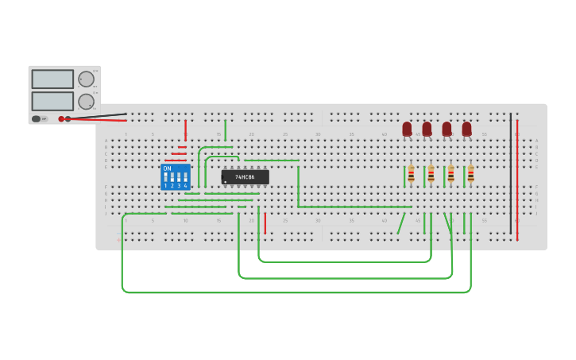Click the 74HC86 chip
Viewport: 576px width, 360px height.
[x=245, y=177]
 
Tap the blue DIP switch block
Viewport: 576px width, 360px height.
[x=176, y=176]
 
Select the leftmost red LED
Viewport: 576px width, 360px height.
[x=407, y=129]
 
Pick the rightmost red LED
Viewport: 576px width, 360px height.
[x=466, y=129]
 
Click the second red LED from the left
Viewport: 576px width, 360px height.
[x=427, y=129]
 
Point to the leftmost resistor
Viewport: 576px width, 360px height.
[x=411, y=174]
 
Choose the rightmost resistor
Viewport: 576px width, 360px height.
[x=470, y=174]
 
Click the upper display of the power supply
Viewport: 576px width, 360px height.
[x=52, y=79]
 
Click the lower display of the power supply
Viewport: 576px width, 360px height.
[x=52, y=101]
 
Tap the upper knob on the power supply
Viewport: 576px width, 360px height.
[x=86, y=79]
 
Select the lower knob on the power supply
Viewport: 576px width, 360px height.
[x=86, y=102]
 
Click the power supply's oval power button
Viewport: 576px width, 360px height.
[x=36, y=119]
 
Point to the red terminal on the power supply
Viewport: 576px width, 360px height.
[x=61, y=119]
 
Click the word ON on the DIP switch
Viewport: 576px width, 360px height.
[x=167, y=168]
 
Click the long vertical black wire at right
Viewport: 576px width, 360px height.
[x=511, y=175]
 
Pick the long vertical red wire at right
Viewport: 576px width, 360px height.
[x=517, y=179]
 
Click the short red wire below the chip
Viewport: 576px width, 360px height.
[x=265, y=223]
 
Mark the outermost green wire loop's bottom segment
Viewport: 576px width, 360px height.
[x=294, y=292]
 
